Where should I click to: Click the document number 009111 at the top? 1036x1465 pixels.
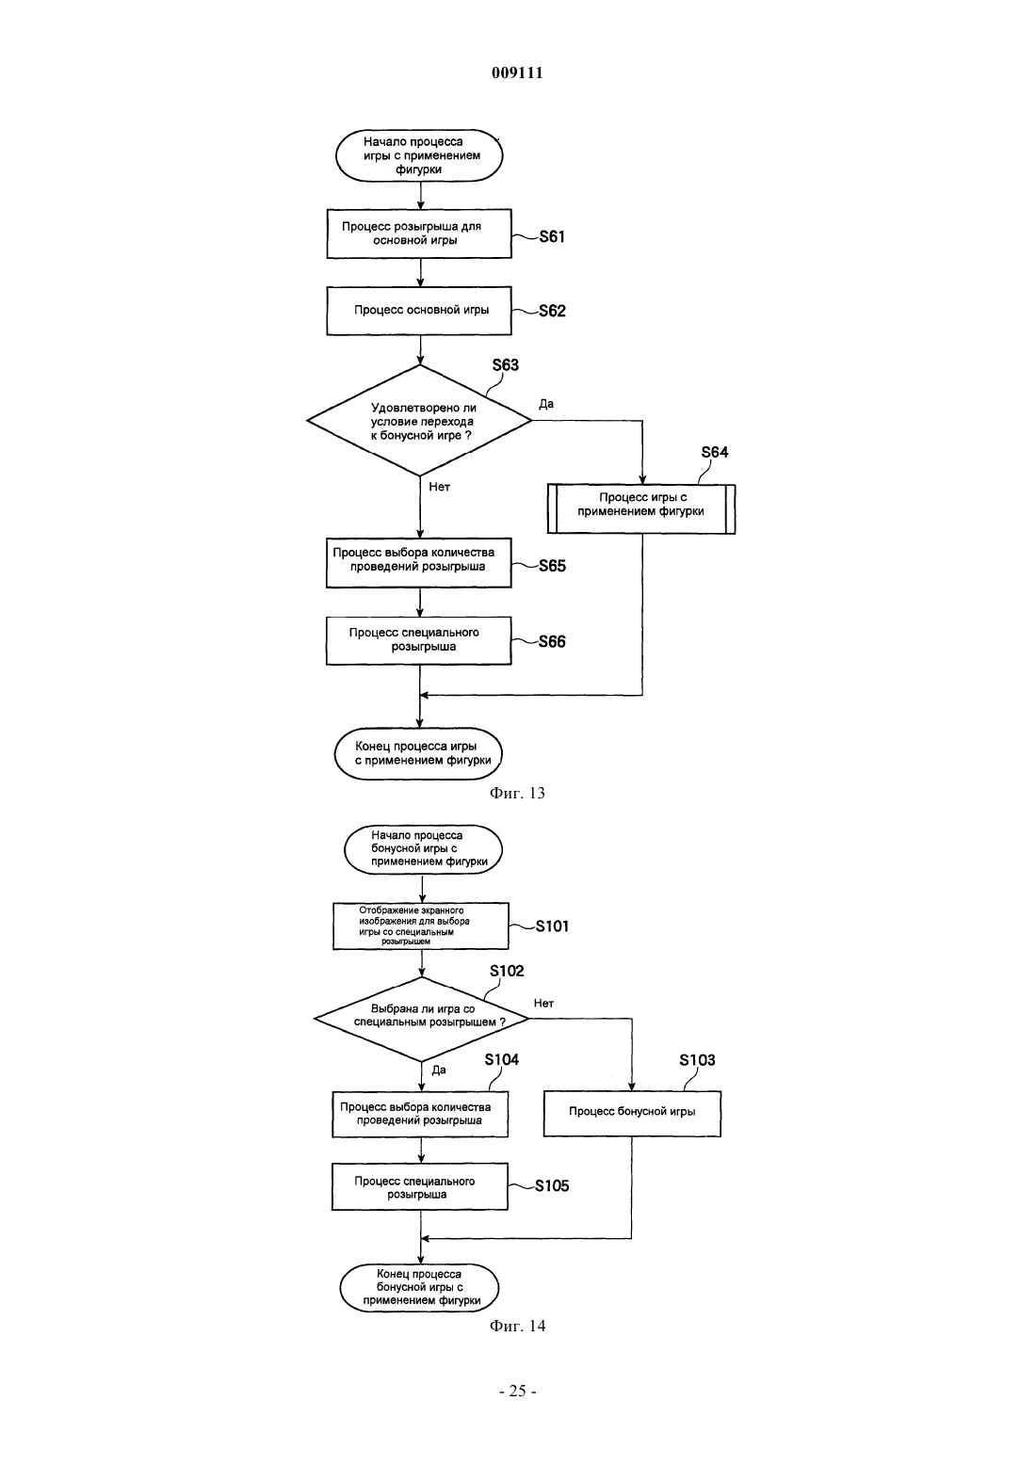(x=517, y=72)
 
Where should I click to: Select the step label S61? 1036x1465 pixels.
(x=552, y=236)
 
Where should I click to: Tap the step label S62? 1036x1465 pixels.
(x=552, y=311)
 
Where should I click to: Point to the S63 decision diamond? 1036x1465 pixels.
(x=419, y=421)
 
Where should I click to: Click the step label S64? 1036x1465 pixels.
(x=714, y=452)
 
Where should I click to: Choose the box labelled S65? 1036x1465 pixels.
(x=418, y=563)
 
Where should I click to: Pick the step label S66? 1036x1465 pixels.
(x=552, y=641)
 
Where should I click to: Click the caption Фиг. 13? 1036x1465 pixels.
(x=517, y=794)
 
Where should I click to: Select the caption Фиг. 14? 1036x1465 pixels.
(x=517, y=1326)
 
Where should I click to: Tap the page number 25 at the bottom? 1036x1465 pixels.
(x=517, y=1392)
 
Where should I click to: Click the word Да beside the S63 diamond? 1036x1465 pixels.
(x=546, y=404)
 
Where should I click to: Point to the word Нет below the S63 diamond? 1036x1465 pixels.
(x=440, y=487)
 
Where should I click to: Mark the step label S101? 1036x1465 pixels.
(x=552, y=926)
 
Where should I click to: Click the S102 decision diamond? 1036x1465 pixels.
(x=422, y=1019)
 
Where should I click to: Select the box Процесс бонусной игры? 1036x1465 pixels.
(x=632, y=1113)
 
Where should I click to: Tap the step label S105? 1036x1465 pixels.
(x=552, y=1185)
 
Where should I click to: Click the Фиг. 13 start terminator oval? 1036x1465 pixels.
(x=419, y=155)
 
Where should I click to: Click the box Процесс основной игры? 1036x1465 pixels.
(x=419, y=311)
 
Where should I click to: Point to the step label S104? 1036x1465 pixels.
(x=502, y=1059)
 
